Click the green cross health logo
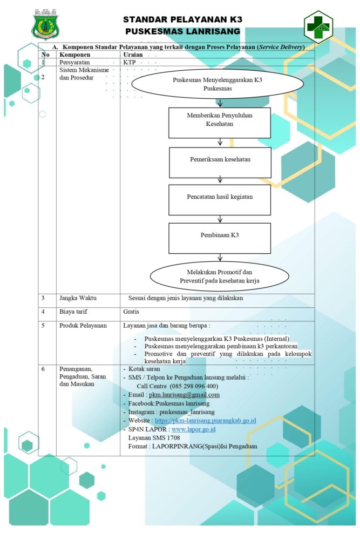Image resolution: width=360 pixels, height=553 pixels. (x=318, y=27)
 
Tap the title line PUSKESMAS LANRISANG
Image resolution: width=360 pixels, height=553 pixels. (x=182, y=31)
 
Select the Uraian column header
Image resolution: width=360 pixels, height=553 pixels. (x=133, y=55)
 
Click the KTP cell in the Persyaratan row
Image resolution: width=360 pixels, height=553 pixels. (x=130, y=63)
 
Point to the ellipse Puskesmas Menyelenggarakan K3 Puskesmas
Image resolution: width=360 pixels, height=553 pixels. (x=218, y=84)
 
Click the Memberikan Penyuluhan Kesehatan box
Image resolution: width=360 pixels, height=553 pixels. (x=220, y=123)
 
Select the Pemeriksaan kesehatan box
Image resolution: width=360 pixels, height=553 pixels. (x=220, y=163)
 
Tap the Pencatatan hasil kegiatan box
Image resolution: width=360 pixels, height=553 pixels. (x=220, y=200)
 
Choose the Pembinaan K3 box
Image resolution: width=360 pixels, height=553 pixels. (x=220, y=238)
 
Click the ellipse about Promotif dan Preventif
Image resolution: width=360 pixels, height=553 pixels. (x=219, y=276)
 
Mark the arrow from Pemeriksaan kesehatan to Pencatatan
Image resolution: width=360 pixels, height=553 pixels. (x=220, y=180)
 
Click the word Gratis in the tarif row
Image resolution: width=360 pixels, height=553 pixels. (x=131, y=312)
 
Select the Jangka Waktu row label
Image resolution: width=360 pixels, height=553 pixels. (x=78, y=298)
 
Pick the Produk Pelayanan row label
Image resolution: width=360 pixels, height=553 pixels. (x=83, y=326)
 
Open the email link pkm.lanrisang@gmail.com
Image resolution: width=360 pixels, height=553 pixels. (x=184, y=395)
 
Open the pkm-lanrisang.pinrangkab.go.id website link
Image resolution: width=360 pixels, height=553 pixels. (x=205, y=421)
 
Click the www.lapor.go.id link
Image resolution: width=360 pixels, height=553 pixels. (x=194, y=429)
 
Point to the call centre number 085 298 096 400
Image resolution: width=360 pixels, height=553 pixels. (x=194, y=386)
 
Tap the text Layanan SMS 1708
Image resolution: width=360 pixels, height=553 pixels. (x=154, y=438)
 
